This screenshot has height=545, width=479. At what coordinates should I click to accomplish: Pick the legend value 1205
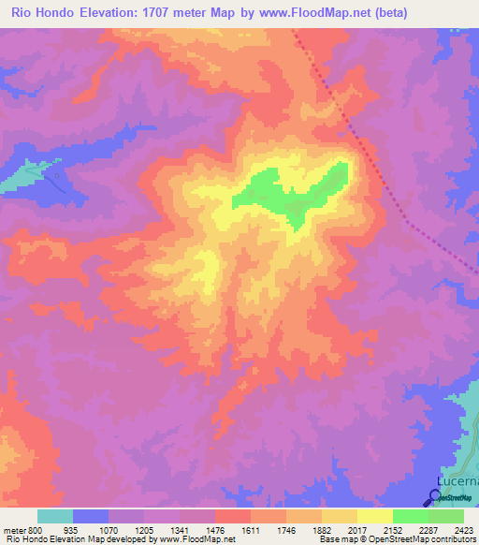[143, 529]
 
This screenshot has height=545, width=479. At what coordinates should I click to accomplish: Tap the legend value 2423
[463, 529]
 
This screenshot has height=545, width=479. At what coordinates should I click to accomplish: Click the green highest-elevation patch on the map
[290, 192]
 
